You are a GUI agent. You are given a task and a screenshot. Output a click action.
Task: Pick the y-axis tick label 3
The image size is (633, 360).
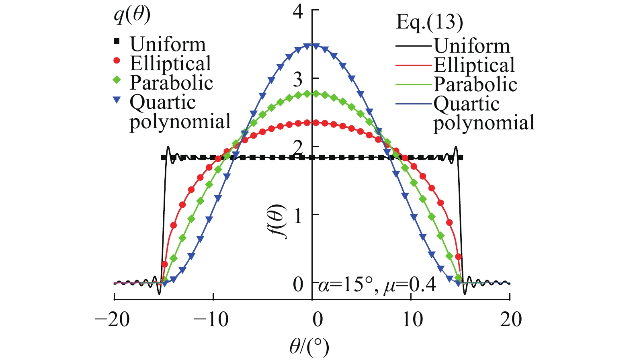click(298, 80)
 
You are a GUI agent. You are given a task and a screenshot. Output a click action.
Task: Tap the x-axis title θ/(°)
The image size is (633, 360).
click(309, 346)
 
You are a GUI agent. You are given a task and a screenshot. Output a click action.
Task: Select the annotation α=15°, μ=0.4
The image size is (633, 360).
click(377, 285)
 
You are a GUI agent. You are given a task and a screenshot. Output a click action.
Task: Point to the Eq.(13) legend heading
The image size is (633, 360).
click(429, 22)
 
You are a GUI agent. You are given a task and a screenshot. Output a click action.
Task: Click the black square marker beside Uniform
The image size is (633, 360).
click(117, 41)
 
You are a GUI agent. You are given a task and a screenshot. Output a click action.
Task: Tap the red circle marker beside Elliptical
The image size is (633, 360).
click(117, 61)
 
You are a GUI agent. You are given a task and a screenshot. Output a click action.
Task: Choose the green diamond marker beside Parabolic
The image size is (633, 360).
click(117, 80)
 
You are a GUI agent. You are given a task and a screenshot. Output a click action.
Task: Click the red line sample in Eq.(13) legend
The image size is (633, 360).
click(414, 65)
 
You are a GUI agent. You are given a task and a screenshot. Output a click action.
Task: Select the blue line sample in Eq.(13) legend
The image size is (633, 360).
click(414, 104)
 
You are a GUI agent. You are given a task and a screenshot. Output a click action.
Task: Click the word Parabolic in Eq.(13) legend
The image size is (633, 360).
click(475, 84)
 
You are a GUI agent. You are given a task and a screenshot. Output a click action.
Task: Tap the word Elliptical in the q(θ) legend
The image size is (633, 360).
click(170, 63)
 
